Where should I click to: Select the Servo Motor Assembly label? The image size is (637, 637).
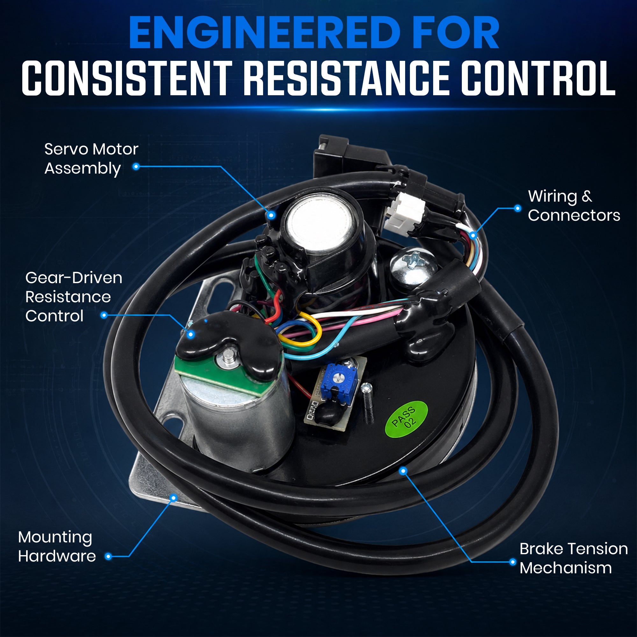(91, 159)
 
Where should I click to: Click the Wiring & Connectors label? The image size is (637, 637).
(574, 206)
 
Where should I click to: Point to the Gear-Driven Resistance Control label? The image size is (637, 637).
(74, 297)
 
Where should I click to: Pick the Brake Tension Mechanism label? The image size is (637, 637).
(573, 558)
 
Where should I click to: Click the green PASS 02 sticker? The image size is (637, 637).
(406, 419)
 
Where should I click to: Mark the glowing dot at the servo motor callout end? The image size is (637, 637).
(271, 215)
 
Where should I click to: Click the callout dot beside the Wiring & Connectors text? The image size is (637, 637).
(518, 208)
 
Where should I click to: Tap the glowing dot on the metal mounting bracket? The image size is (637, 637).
(174, 497)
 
